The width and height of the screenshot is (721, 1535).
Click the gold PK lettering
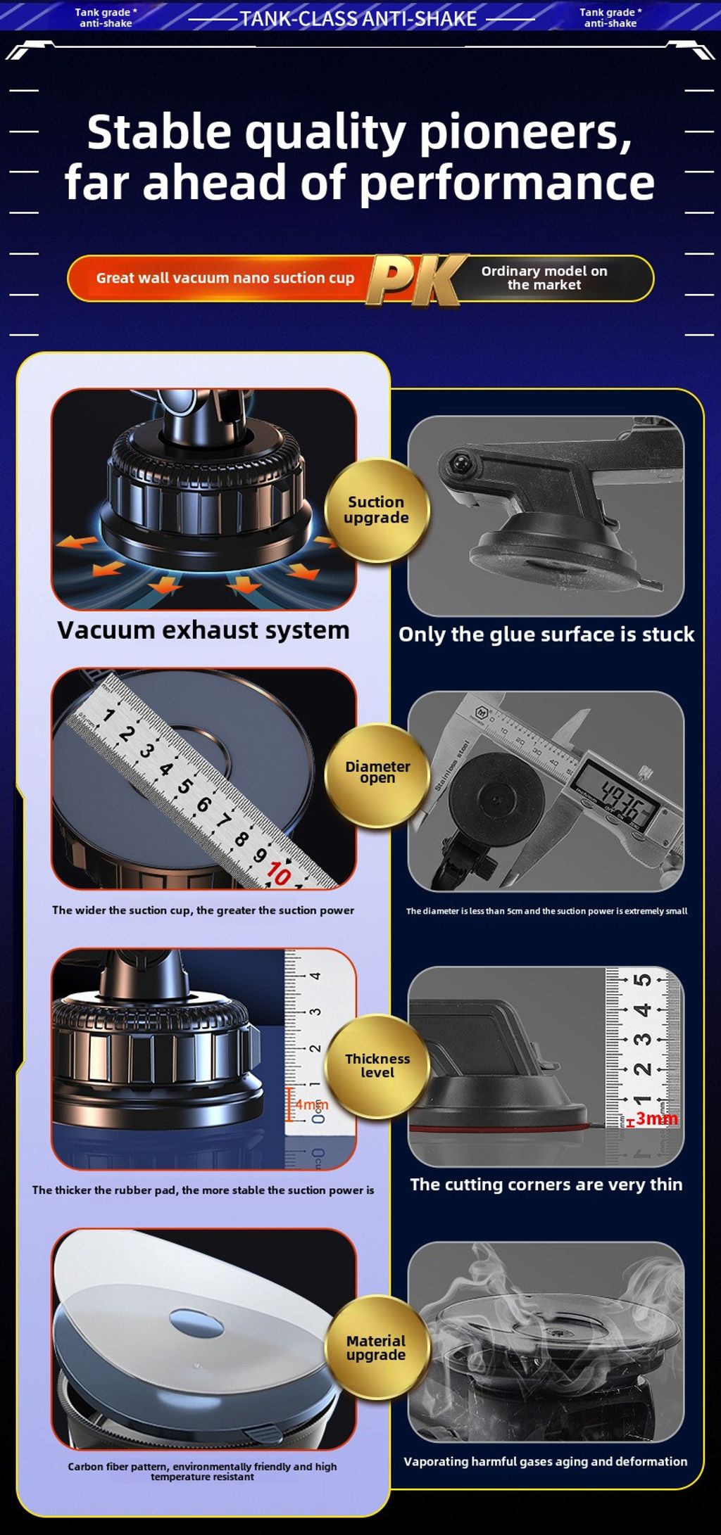pos(415,280)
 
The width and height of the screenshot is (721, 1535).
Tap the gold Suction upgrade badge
pos(377,510)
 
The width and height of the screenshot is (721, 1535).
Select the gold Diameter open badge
pos(377,774)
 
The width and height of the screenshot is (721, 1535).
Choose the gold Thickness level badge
pos(377,1066)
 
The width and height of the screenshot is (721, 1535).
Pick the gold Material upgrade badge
pos(377,1347)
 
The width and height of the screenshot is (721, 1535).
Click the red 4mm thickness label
pos(311,1104)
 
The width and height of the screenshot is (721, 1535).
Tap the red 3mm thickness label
pos(656,1118)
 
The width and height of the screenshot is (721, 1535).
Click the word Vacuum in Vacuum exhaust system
pos(106,630)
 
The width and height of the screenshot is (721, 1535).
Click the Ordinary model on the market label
pos(544,278)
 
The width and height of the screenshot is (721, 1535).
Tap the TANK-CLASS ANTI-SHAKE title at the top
pos(358,18)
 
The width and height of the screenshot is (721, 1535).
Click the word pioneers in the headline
pos(525,132)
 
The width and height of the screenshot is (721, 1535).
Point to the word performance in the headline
pos(507,183)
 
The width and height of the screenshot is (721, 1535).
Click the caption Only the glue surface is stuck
pos(546,635)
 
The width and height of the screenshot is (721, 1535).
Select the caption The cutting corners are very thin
pos(546,1185)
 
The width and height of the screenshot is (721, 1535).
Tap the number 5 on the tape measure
pos(184,785)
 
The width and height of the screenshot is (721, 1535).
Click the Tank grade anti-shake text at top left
pos(106,18)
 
